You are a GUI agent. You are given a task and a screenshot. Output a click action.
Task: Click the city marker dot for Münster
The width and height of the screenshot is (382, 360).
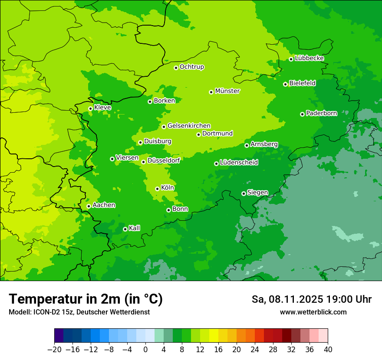(211, 92)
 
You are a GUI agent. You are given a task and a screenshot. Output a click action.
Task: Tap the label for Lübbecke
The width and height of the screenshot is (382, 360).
(309, 58)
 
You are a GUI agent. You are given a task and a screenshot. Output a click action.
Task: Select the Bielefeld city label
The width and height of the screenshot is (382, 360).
(302, 83)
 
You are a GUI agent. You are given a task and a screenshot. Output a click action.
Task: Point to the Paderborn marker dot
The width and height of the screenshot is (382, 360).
(303, 114)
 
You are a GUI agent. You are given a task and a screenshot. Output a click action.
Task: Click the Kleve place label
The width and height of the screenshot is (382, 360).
(102, 108)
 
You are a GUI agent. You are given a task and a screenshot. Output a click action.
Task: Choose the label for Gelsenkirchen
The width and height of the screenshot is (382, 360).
(189, 126)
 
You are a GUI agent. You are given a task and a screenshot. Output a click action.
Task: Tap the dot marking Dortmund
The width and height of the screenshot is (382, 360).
(199, 134)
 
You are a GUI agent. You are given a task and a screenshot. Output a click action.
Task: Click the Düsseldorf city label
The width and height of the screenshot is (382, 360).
(163, 160)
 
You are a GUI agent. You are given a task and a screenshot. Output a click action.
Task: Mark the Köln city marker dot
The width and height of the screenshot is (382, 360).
(158, 189)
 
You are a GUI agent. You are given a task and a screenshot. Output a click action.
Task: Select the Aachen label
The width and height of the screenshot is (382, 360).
(104, 205)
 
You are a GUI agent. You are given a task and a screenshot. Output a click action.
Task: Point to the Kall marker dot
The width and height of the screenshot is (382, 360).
(125, 229)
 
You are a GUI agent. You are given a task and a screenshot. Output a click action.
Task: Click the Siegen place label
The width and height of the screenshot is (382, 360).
(257, 193)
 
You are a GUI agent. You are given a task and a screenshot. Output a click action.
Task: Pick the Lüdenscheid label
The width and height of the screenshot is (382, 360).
(239, 163)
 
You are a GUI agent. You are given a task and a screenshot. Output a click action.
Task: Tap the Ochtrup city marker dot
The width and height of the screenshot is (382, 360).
(176, 68)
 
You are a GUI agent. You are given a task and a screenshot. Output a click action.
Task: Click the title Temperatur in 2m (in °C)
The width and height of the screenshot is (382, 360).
(86, 299)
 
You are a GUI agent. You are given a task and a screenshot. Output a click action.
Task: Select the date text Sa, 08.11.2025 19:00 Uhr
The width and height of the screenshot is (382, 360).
(311, 299)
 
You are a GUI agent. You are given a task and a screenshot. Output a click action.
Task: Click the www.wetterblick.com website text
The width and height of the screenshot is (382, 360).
(313, 312)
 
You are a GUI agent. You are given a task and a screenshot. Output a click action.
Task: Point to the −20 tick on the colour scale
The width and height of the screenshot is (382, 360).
(55, 350)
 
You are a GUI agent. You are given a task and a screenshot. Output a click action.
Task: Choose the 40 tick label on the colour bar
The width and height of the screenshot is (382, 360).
(328, 350)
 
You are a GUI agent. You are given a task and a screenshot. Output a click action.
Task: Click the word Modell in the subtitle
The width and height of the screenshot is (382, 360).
(18, 312)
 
